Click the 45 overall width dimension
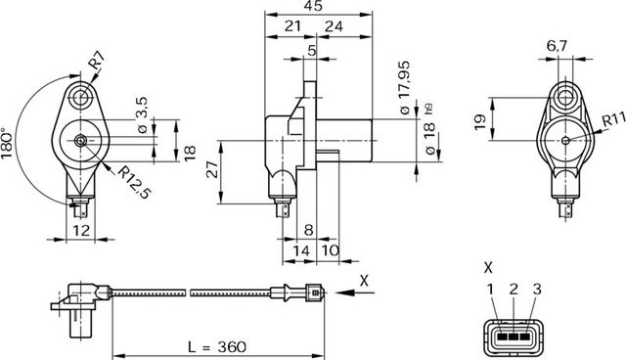313,7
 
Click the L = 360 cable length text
215,346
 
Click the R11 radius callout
613,119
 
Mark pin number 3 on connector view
533,289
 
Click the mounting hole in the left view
79,99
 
